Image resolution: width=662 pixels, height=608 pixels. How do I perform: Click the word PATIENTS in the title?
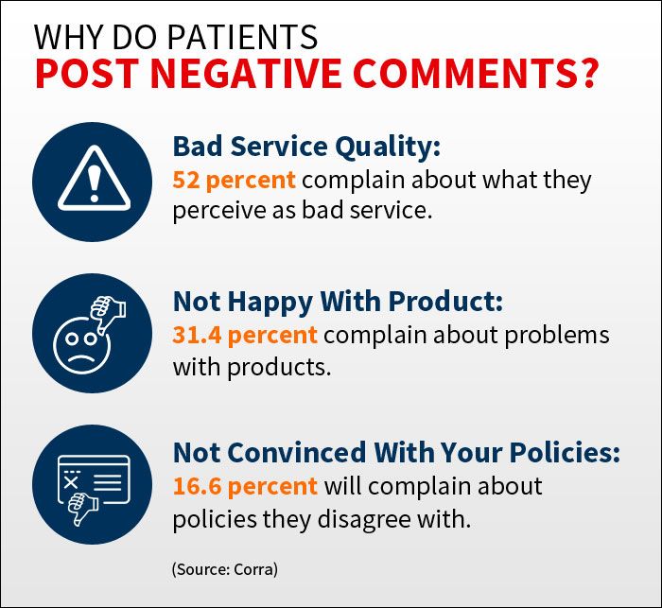[x=243, y=37]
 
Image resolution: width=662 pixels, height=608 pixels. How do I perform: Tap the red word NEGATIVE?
[x=246, y=74]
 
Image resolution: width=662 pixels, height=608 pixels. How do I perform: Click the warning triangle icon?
[x=95, y=178]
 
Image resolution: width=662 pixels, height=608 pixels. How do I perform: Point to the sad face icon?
[x=82, y=346]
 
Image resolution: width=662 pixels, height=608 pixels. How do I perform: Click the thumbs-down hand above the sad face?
[x=108, y=313]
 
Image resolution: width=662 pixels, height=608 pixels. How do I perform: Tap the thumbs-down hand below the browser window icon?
[x=82, y=509]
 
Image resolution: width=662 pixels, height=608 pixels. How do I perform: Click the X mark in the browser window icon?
[x=71, y=482]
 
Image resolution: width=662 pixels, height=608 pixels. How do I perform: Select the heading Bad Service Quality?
[x=306, y=147]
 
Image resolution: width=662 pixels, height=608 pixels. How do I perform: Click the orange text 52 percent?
[x=234, y=180]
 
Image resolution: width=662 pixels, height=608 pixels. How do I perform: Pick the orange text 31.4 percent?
[x=245, y=336]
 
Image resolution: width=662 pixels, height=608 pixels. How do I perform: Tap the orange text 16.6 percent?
[x=245, y=486]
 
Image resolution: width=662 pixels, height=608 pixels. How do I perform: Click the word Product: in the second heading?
[x=445, y=302]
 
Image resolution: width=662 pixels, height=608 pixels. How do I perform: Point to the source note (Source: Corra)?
[x=225, y=569]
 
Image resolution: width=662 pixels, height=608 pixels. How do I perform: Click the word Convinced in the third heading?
[x=297, y=453]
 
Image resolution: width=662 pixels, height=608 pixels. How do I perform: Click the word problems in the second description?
[x=557, y=336]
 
